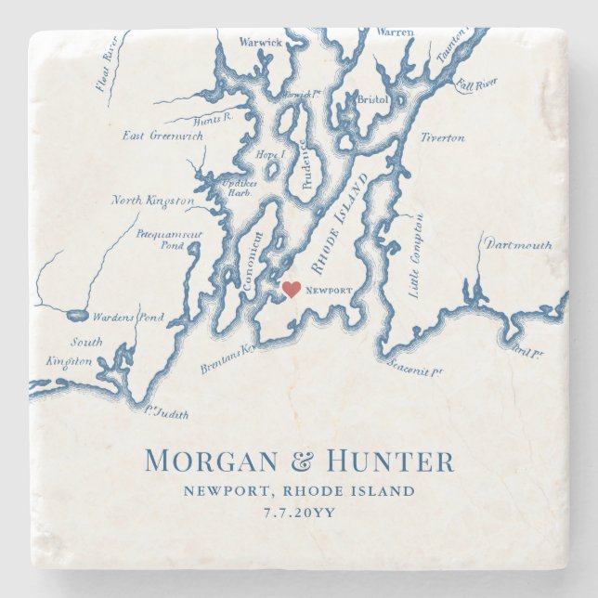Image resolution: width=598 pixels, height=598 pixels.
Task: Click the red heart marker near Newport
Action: (x=292, y=290)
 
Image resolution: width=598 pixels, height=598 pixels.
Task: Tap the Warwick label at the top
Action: (x=260, y=42)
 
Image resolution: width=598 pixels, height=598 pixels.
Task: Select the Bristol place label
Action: (x=372, y=98)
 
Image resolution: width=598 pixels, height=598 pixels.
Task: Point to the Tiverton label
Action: (x=442, y=137)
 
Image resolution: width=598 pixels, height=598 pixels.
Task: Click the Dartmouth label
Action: (x=516, y=245)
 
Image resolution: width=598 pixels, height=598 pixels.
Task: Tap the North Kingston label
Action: (x=153, y=201)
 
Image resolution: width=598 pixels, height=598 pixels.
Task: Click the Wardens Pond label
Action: (x=131, y=317)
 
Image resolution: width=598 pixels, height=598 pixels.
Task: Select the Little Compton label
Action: (x=415, y=255)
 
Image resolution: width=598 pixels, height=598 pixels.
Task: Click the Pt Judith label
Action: (x=161, y=412)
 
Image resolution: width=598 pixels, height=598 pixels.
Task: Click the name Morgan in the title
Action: (x=212, y=461)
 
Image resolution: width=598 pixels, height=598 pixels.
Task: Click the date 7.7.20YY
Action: (x=299, y=511)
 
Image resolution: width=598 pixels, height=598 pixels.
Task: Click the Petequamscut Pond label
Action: (x=168, y=240)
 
